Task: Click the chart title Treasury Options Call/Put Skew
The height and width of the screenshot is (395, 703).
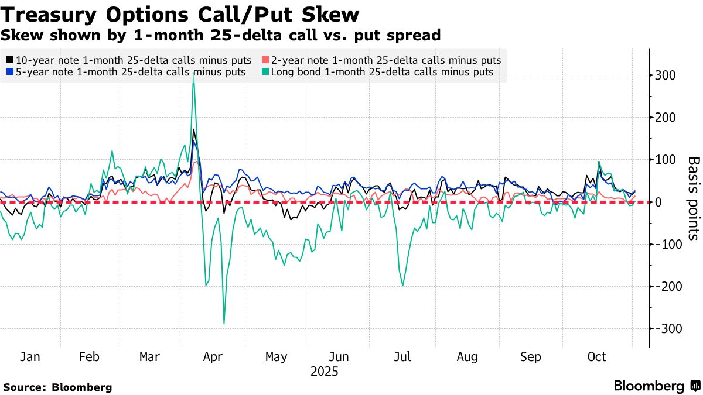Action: pos(181,13)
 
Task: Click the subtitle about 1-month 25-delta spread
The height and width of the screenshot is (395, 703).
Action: pos(220,35)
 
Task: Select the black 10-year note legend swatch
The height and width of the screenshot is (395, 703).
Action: pos(10,60)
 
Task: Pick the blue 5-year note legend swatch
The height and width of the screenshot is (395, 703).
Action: pos(10,73)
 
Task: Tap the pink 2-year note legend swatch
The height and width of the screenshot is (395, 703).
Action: pos(265,60)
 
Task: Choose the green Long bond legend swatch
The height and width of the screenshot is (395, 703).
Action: pos(265,73)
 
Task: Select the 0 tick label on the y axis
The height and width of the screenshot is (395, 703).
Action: pos(658,202)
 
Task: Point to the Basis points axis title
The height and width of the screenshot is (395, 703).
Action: pos(692,198)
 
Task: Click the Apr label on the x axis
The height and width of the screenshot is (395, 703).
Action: pos(212,357)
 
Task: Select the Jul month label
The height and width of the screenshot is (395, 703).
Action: pos(402,357)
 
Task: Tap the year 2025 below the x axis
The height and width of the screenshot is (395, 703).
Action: pos(324,372)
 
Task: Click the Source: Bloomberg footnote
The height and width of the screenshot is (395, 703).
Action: pos(57,387)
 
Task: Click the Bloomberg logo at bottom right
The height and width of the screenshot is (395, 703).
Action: pos(656,386)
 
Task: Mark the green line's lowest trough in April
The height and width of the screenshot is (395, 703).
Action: pos(224,324)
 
